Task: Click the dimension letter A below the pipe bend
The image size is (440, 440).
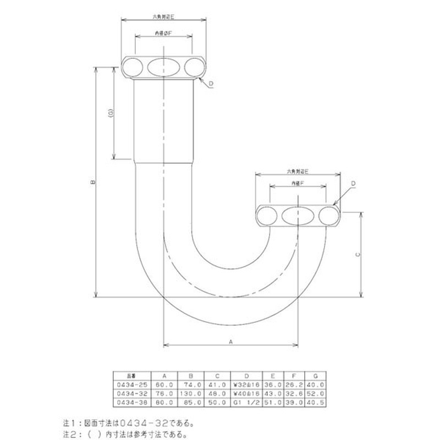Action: click(231, 342)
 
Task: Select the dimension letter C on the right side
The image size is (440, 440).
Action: click(358, 255)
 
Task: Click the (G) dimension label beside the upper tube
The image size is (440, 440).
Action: click(111, 113)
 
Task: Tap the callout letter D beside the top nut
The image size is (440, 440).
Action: click(211, 84)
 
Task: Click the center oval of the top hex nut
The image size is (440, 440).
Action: click(164, 67)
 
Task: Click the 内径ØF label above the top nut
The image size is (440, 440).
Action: click(163, 34)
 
